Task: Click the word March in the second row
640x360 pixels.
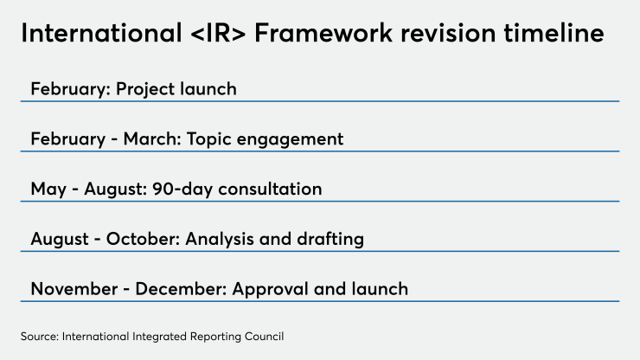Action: (152, 139)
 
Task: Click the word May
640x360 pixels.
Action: (48, 190)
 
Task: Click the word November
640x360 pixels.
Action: (74, 289)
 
